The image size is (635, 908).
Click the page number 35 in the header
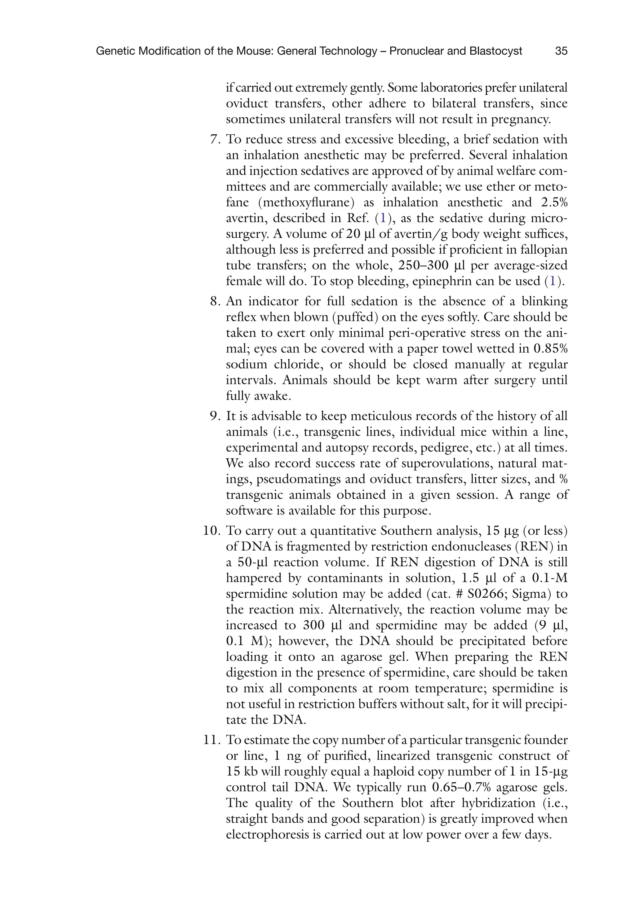pyautogui.click(x=561, y=51)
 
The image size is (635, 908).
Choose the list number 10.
pyautogui.click(x=211, y=531)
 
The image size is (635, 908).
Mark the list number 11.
pyautogui.click(x=211, y=739)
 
